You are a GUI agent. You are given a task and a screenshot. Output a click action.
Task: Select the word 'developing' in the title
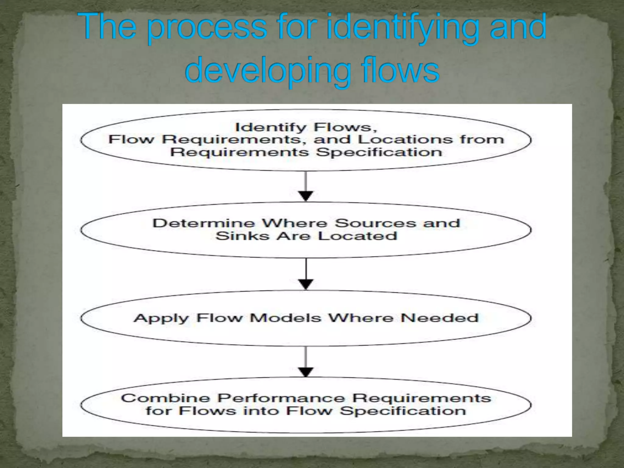point(268,72)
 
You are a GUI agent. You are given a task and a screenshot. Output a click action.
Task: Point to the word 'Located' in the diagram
point(358,236)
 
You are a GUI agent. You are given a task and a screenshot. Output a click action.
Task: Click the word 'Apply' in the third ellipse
point(161,318)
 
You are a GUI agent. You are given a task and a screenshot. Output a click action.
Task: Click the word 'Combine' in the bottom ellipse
point(166,398)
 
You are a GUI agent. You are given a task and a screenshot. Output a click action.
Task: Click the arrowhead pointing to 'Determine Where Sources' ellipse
point(306,195)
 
